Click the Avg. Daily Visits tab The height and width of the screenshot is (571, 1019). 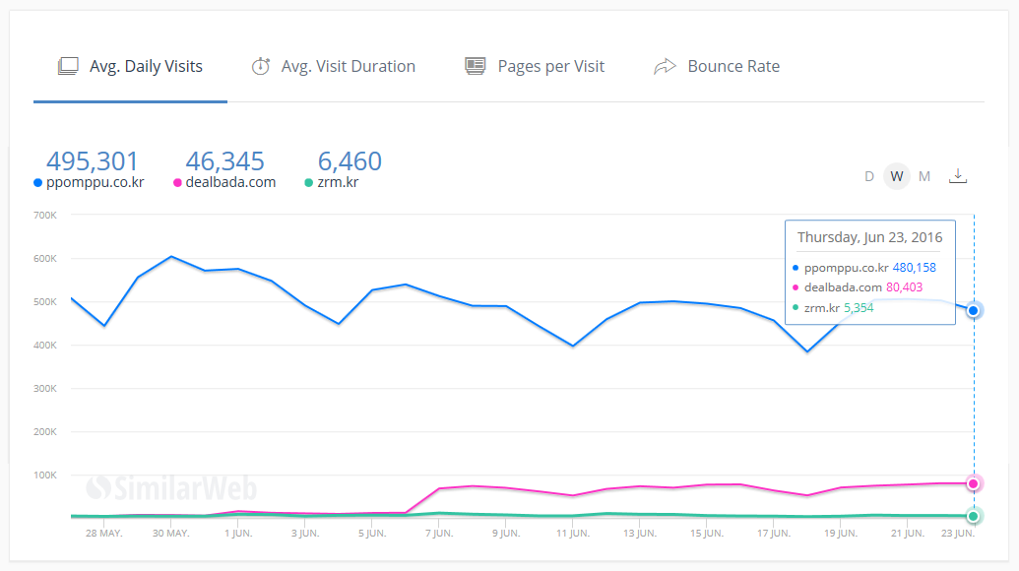(131, 67)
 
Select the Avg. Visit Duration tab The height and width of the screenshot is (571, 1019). (334, 67)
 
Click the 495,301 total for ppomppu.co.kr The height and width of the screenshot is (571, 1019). (93, 161)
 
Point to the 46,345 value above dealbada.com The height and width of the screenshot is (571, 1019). (225, 161)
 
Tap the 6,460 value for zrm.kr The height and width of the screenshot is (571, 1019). (350, 161)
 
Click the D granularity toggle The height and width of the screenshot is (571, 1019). (869, 176)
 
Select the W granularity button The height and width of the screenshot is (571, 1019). (896, 176)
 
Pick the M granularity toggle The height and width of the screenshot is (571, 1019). (924, 176)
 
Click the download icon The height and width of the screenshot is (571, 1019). (958, 176)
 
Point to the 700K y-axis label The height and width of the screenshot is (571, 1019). (45, 215)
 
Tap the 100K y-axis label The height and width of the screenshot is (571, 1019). (45, 475)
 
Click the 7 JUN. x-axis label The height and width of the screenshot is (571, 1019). (439, 534)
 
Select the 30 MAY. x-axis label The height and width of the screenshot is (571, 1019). (170, 534)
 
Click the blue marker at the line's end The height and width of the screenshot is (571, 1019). (974, 310)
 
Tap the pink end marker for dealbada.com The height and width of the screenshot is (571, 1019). (974, 483)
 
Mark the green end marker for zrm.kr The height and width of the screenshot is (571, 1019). (974, 516)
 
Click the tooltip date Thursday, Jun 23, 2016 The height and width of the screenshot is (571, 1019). (869, 237)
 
